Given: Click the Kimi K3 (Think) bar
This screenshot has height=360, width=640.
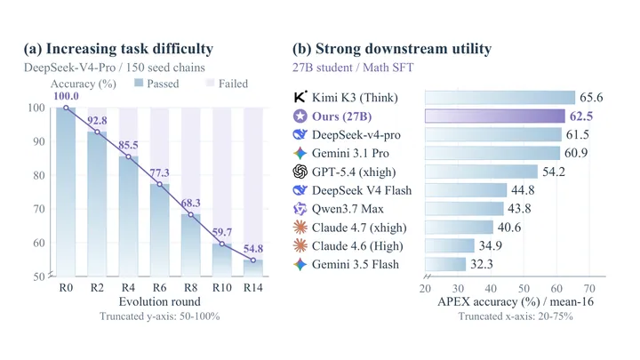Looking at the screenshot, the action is pos(500,98).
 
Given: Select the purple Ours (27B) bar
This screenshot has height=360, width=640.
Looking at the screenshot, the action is pos(495,116).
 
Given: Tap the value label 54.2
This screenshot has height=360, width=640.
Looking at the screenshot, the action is pos(554,172).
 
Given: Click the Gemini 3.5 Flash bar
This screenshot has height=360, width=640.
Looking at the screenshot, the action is pos(445,265).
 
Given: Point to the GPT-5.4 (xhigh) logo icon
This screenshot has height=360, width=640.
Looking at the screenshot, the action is pos(300,172).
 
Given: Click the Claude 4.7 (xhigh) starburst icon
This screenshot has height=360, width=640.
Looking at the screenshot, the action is pos(300,228).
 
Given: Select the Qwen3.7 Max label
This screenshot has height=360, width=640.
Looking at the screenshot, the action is pos(348,209).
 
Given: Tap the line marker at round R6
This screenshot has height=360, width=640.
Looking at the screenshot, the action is pos(160,185).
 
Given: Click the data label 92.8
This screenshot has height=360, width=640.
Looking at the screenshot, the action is pos(97,121).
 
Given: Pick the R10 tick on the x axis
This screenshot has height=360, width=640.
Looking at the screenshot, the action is pos(222,288).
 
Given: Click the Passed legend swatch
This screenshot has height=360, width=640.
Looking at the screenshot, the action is pos(139,84).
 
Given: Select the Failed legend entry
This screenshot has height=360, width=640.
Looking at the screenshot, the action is pos(228,84).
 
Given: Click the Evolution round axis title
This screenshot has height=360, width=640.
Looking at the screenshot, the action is pos(160,301).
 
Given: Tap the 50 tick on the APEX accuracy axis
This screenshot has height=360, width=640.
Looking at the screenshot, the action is pos(524,289).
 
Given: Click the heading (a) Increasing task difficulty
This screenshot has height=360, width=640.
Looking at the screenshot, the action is pos(118,49).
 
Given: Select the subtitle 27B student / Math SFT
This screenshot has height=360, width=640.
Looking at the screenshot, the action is pos(353,68).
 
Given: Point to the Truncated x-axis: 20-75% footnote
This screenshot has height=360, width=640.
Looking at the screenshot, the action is pos(515,316).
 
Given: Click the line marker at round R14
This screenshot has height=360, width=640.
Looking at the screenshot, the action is pos(253,260).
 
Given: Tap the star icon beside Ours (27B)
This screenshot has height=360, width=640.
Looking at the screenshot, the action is pos(300,116).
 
